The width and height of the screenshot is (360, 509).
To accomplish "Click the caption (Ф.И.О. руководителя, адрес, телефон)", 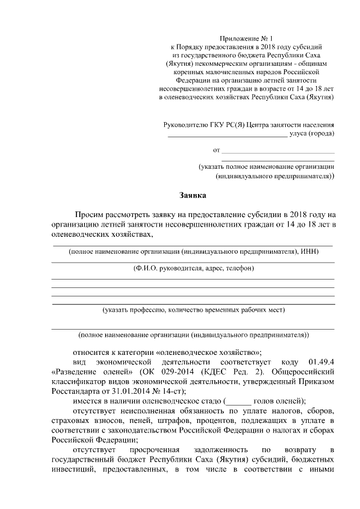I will tap(193, 268).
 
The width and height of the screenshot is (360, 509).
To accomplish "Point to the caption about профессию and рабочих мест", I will tap(193, 310).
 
